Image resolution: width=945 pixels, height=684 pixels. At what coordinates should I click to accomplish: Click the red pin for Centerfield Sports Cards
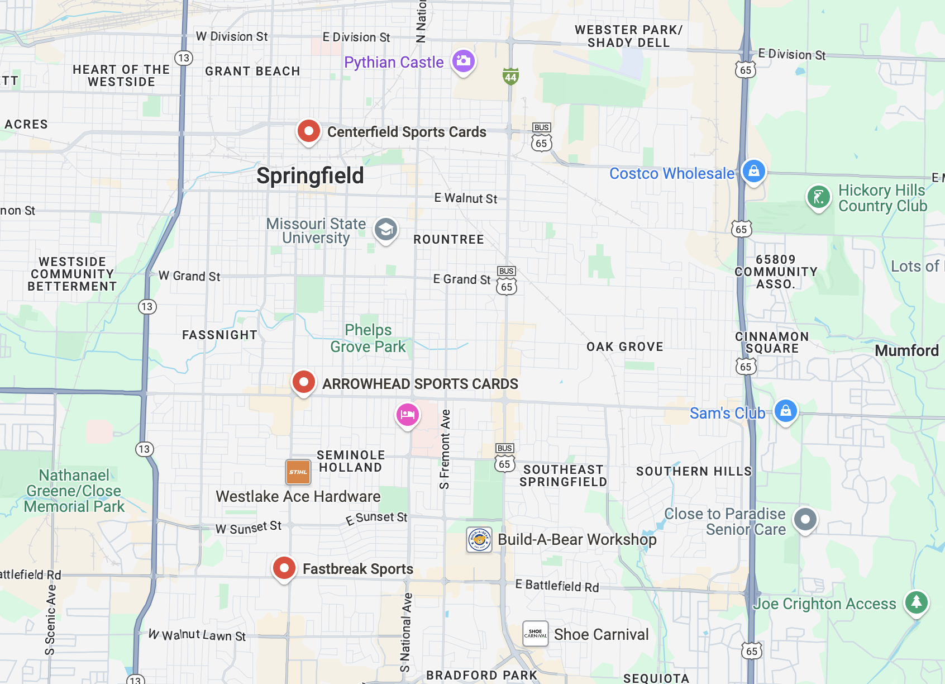(x=308, y=131)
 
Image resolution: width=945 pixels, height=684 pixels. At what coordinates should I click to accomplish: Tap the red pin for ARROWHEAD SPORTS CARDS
(x=304, y=382)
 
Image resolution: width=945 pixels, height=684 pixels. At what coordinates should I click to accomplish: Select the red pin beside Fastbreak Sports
(x=284, y=568)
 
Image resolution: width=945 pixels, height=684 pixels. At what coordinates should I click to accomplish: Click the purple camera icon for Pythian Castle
(x=464, y=61)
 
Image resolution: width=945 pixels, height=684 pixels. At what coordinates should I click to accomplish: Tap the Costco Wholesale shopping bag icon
(x=753, y=171)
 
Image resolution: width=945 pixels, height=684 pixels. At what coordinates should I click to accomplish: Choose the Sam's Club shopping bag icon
(x=785, y=411)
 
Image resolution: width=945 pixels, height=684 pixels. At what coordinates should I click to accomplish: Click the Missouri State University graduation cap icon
(x=385, y=229)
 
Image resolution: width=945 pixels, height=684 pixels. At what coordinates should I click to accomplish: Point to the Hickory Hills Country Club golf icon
(x=818, y=197)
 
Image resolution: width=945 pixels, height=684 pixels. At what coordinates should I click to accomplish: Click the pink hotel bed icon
(x=408, y=415)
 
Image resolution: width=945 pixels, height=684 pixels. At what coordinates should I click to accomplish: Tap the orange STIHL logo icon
(x=298, y=472)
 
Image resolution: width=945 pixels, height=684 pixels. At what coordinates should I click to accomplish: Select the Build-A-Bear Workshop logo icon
(x=479, y=540)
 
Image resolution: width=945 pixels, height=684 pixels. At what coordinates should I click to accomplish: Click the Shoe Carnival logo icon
(x=536, y=634)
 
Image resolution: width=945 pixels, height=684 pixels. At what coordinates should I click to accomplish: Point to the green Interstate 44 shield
(x=510, y=77)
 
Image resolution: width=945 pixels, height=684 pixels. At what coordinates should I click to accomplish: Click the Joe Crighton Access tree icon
(x=917, y=602)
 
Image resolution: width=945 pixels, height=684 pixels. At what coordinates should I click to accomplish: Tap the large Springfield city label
(x=310, y=175)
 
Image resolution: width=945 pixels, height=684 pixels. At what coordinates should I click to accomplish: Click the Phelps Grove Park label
(x=368, y=338)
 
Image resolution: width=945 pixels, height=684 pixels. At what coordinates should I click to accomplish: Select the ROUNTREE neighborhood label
(x=448, y=239)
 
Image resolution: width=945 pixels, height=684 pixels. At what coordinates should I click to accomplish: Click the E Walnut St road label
(x=466, y=198)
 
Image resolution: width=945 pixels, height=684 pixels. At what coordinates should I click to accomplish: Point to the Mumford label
(x=906, y=350)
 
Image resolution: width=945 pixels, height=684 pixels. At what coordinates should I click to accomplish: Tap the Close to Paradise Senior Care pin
(x=805, y=519)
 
